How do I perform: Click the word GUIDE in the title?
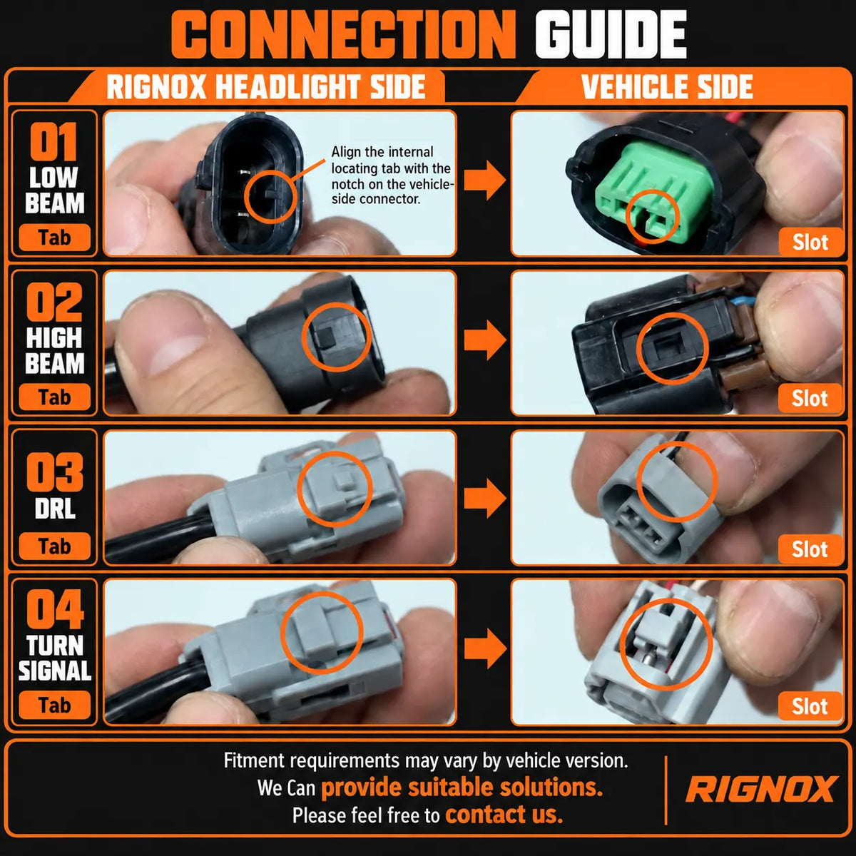tap(611, 35)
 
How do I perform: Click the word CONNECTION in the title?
tap(343, 35)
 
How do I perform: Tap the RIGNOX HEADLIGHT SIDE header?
tap(266, 86)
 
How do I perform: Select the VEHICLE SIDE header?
tap(667, 86)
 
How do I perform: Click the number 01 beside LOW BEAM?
tap(53, 141)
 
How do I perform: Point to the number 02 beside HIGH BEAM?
tap(54, 302)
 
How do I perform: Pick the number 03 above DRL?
tap(55, 472)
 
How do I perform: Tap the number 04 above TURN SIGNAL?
tap(55, 609)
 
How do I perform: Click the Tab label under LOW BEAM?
tap(55, 238)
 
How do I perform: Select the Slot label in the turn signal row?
tap(810, 706)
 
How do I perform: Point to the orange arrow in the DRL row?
tap(485, 499)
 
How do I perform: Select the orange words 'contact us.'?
tap(504, 815)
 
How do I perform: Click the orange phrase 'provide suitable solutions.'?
tap(462, 787)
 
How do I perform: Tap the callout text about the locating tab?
tap(392, 175)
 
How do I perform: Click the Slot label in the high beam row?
tap(810, 399)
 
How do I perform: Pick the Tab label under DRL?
tap(55, 546)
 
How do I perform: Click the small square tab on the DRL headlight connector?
tap(342, 481)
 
